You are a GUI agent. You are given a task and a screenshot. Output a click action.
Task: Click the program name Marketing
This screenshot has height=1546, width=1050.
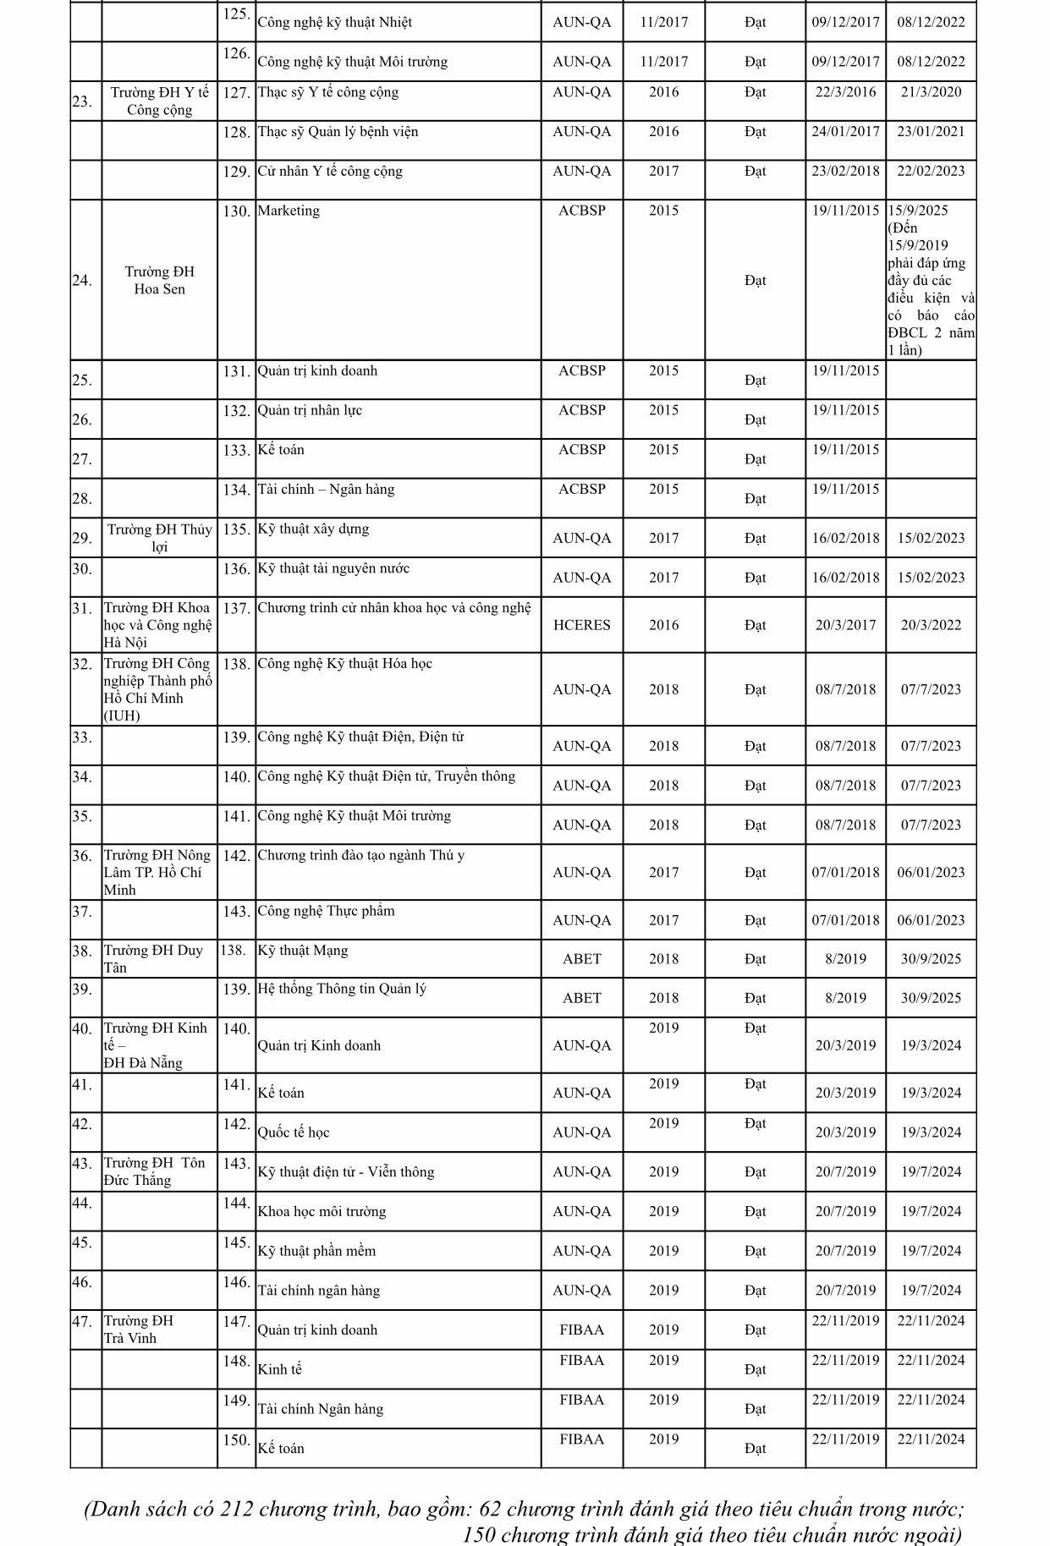[289, 211]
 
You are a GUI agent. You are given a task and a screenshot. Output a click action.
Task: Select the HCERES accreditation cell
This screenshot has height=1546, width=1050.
[581, 625]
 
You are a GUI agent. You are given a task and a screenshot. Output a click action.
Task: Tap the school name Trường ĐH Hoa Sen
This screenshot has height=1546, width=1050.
[159, 280]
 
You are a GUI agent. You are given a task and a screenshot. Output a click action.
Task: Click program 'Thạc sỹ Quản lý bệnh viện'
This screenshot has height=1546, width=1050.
[338, 132]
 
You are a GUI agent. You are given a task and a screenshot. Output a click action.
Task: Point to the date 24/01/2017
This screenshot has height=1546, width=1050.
[845, 132]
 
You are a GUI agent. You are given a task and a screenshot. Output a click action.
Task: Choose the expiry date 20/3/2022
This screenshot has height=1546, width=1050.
[931, 625]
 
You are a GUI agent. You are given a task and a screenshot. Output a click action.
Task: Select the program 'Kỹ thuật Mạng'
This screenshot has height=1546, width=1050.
[303, 951]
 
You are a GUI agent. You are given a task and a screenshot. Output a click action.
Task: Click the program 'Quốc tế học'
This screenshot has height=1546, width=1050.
[294, 1132]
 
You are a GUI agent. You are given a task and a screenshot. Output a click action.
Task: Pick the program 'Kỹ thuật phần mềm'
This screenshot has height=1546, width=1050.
[316, 1251]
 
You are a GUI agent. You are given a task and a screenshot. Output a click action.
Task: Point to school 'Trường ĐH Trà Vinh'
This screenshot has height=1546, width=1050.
[139, 1329]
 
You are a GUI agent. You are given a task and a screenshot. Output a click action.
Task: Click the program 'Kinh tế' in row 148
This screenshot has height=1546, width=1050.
[279, 1369]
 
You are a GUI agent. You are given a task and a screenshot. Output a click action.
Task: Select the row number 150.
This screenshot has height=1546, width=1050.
[236, 1440]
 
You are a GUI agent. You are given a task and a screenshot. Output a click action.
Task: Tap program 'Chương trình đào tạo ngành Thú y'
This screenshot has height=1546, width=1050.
[361, 855]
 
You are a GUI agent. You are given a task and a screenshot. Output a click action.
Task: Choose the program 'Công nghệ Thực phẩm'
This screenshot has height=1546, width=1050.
[326, 911]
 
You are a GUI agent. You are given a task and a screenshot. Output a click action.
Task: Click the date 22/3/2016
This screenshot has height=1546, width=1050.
[845, 92]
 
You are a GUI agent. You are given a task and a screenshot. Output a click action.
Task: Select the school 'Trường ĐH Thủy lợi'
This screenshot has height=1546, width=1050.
[159, 538]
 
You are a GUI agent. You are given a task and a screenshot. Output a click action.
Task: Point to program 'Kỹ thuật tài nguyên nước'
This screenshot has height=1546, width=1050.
[333, 568]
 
